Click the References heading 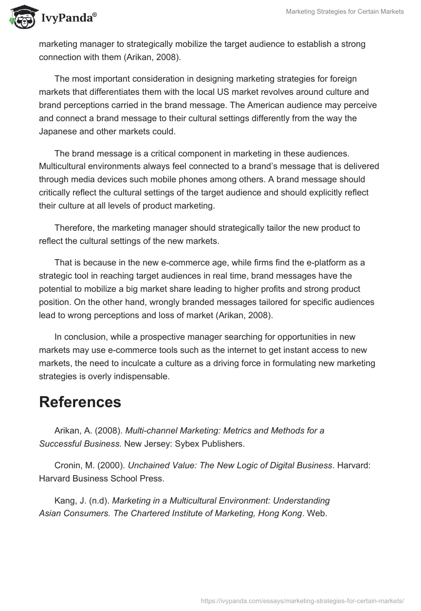click(x=80, y=402)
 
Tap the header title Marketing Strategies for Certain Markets click(x=345, y=12)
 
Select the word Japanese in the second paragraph click(x=59, y=132)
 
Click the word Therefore click(x=74, y=228)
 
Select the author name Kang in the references click(x=65, y=500)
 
